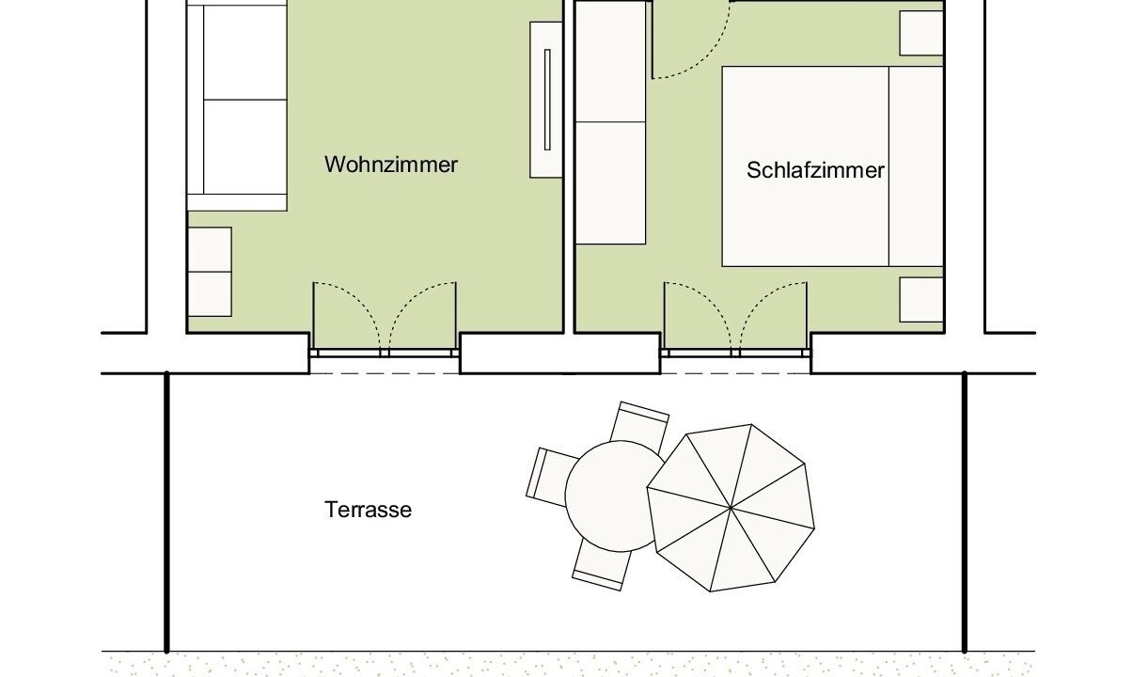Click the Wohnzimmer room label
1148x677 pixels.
click(390, 165)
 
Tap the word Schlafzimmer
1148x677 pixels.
click(815, 170)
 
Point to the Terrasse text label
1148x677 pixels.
click(368, 510)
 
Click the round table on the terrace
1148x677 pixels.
click(615, 496)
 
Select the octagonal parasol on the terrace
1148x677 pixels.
click(731, 508)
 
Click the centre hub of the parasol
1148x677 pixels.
click(731, 508)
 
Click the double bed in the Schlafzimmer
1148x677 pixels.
click(832, 166)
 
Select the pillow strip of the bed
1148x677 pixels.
click(916, 166)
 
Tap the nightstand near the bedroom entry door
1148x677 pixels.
click(921, 33)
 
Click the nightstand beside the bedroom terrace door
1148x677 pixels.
click(921, 300)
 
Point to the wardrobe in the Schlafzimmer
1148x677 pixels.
click(610, 122)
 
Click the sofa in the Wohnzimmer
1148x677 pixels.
click(237, 105)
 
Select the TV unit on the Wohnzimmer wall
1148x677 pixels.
click(546, 100)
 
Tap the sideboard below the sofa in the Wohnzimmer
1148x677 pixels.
click(210, 272)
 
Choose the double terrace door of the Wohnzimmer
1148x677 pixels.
click(385, 319)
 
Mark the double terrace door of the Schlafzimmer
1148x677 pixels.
click(735, 319)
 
